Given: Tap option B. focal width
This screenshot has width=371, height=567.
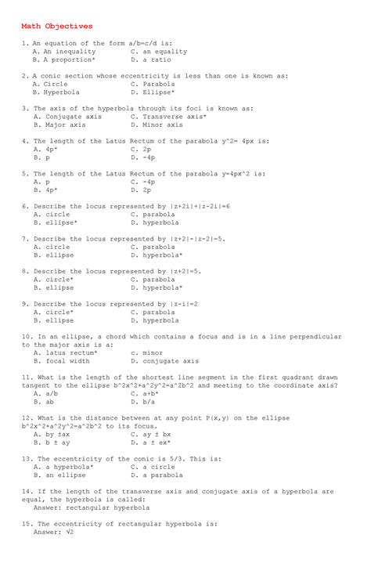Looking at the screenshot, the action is pos(62,361).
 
